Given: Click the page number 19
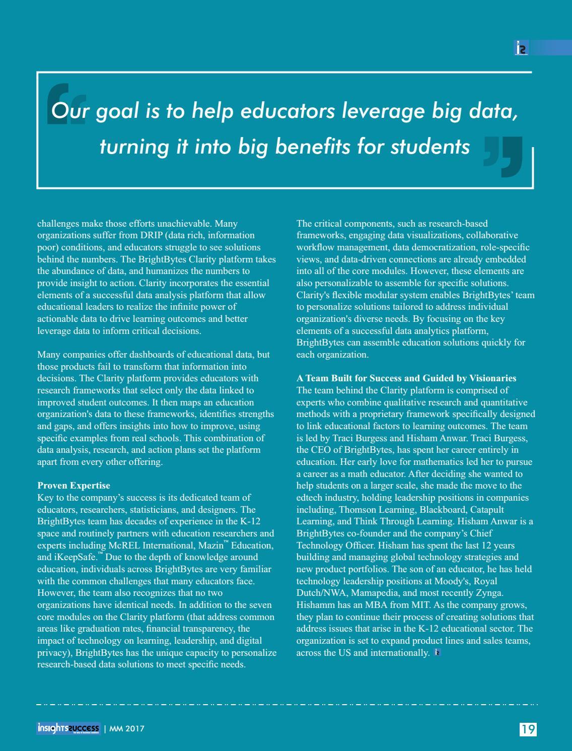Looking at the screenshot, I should pos(528,729).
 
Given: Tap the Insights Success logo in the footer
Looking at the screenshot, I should pos(68,728).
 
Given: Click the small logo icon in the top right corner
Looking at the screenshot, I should pos(522,48).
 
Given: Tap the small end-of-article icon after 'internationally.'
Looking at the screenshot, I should pos(437,653).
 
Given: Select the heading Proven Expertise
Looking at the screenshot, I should pos(74,486).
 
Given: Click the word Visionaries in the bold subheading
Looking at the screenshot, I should pos(492,378).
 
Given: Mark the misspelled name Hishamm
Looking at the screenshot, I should pos(315,605).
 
